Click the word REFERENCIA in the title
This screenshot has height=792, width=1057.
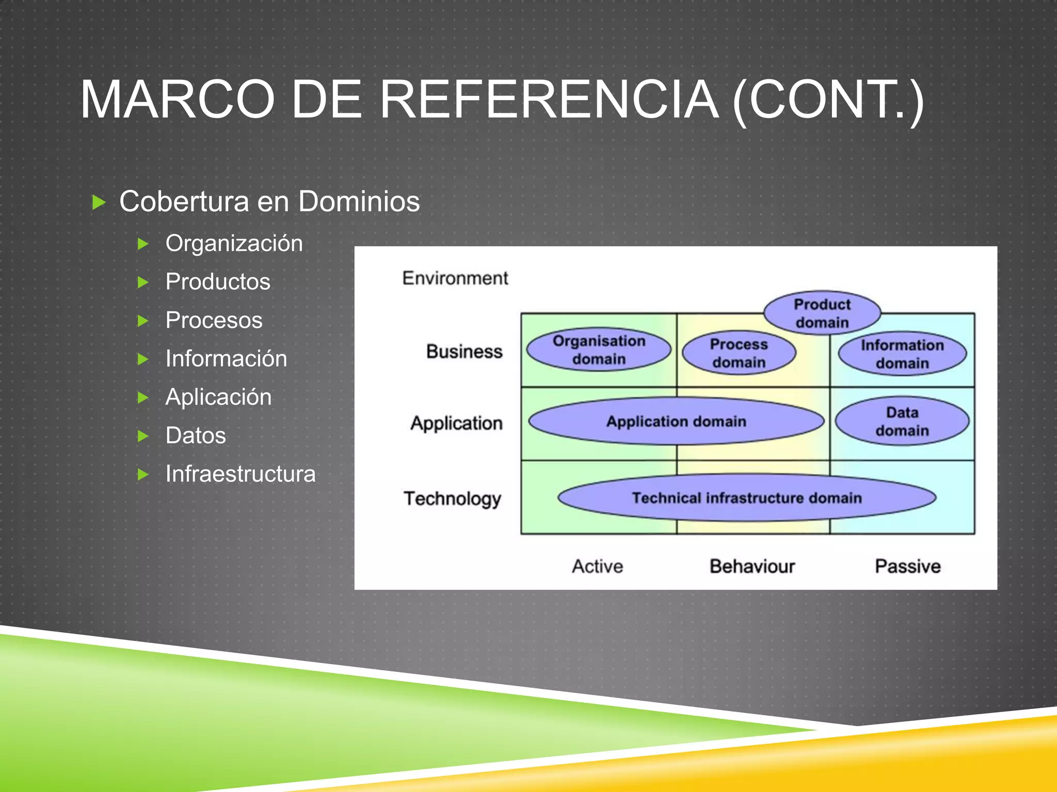(x=549, y=99)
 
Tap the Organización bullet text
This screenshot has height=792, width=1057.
(x=234, y=243)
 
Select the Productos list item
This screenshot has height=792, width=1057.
(x=218, y=282)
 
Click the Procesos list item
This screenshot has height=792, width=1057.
(x=214, y=320)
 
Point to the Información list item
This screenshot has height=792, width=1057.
(x=226, y=359)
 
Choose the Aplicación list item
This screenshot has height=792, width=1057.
(x=218, y=397)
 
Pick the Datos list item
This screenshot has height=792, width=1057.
(x=196, y=436)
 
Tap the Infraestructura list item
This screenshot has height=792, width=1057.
(x=241, y=474)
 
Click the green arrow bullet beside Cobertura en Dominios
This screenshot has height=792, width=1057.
(x=99, y=202)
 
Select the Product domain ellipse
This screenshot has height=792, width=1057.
(x=822, y=313)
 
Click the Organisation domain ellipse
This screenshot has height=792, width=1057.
(x=599, y=350)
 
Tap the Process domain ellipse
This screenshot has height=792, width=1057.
(x=739, y=353)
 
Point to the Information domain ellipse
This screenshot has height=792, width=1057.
(x=902, y=354)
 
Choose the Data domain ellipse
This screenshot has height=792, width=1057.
(x=902, y=421)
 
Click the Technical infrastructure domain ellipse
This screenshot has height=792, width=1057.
(x=747, y=498)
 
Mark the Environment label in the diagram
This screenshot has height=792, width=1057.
(x=455, y=278)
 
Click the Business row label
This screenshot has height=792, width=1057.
(x=464, y=352)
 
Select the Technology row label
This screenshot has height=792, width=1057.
(x=452, y=499)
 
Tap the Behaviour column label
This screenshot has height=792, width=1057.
(x=752, y=566)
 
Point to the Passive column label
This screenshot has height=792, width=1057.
(x=907, y=566)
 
